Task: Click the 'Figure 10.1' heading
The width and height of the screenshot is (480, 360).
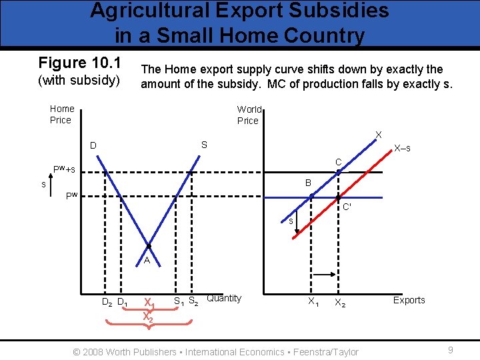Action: [x=79, y=63]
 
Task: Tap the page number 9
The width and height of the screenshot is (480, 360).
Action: [x=451, y=349]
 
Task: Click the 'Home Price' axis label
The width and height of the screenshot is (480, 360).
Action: [x=61, y=114]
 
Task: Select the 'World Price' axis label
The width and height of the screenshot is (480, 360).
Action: [x=249, y=115]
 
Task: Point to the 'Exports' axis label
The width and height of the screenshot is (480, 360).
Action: [x=409, y=300]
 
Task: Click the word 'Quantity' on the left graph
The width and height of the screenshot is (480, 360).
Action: [x=224, y=298]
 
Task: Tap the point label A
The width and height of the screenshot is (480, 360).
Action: [x=147, y=261]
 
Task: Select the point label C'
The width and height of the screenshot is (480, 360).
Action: [x=347, y=207]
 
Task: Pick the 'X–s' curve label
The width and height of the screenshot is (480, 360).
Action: [x=401, y=147]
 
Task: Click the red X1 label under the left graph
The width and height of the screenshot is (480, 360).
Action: [x=150, y=304]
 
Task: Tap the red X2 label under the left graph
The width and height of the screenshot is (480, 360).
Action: [x=148, y=317]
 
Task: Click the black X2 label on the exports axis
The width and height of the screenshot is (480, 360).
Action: [x=340, y=302]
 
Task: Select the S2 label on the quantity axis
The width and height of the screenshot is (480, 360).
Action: [x=194, y=301]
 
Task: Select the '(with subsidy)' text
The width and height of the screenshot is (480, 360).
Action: [x=79, y=82]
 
